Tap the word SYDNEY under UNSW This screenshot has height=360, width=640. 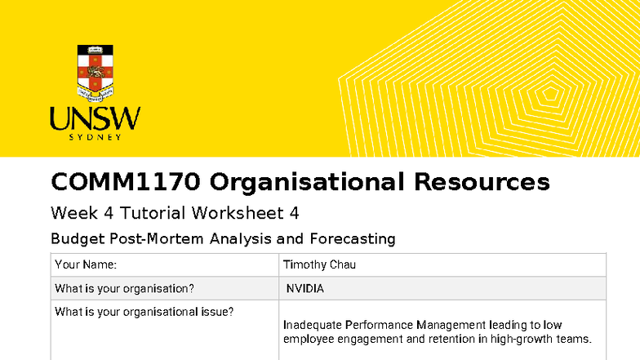(95, 137)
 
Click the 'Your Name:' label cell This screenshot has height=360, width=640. (86, 264)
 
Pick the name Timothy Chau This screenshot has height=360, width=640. (319, 264)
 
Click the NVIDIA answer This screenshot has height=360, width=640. (304, 288)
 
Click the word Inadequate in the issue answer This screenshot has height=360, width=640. (312, 325)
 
